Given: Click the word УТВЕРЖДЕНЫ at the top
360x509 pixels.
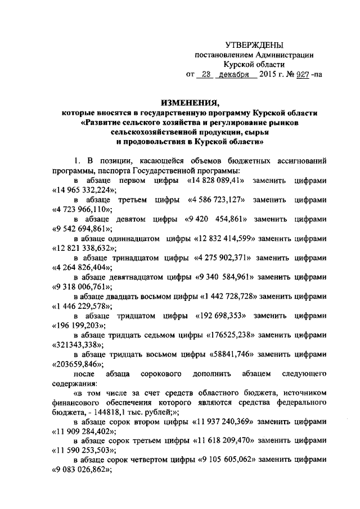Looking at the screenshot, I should pyautogui.click(x=250, y=44).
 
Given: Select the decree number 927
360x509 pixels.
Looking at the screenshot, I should pyautogui.click(x=304, y=74).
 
